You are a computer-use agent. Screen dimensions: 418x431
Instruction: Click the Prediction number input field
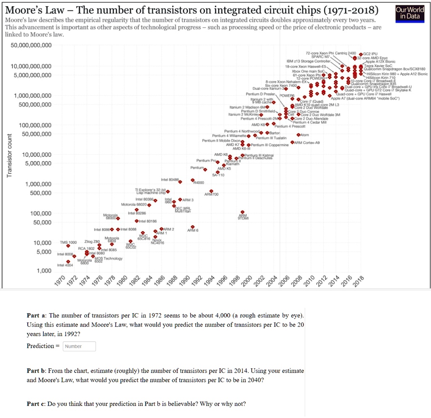[x=79, y=346]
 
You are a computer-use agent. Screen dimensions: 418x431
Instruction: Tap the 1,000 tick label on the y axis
[x=43, y=271]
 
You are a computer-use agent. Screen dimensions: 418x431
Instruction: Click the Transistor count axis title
[x=9, y=156]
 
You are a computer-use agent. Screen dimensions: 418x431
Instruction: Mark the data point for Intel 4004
[x=68, y=261]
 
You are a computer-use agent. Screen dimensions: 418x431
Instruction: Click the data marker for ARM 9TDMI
[x=242, y=213]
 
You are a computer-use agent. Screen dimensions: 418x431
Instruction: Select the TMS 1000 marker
[x=68, y=246]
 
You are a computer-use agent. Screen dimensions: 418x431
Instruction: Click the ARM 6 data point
[x=193, y=227]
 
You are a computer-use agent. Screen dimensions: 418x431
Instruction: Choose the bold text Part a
[x=37, y=315]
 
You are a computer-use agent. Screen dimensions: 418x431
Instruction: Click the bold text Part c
[x=36, y=404]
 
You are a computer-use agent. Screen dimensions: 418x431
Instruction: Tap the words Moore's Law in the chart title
[x=31, y=10]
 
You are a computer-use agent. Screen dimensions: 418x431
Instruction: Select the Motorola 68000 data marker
[x=118, y=218]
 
